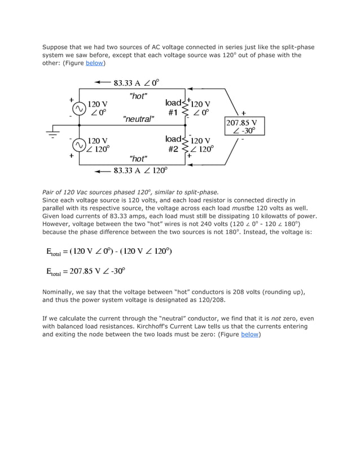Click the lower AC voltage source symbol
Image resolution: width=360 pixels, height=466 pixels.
pos(79,145)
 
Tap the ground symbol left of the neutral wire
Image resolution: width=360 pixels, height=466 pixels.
pos(54,133)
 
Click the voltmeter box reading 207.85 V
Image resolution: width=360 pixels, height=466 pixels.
pos(244,127)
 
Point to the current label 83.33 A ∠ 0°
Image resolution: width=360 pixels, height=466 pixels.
pos(136,82)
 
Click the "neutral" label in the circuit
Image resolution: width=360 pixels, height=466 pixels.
pos(139,119)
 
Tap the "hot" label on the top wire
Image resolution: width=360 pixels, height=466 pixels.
pos(138,96)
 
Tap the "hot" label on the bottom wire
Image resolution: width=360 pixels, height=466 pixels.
pos(138,159)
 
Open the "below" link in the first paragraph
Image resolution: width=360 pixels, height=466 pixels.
pos(94,63)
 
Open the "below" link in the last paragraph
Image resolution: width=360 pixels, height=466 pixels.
pos(250,334)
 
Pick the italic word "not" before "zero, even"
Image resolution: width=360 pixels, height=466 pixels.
pos(276,318)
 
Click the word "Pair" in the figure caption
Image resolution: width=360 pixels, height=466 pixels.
pos(50,192)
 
